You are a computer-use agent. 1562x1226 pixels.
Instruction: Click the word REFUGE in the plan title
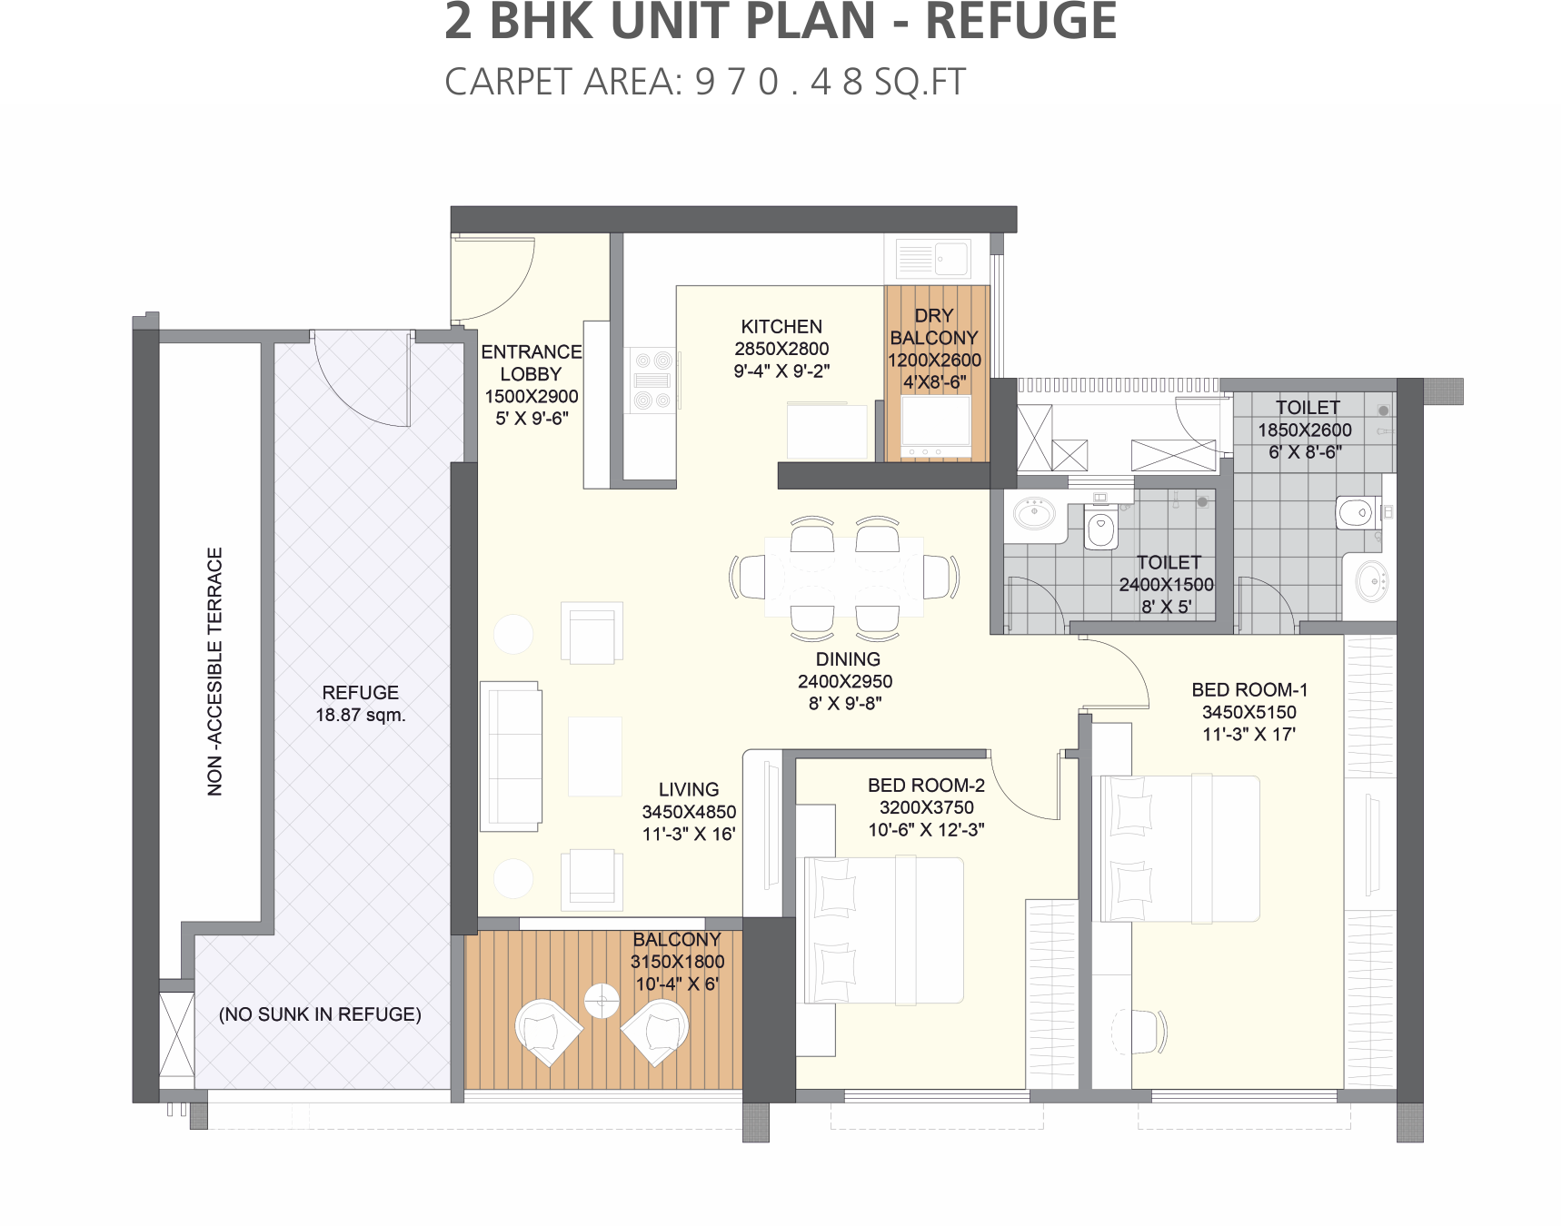coord(1020,21)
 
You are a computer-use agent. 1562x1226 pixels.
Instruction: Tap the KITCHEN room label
coord(781,326)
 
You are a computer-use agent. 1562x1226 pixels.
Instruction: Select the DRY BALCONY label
coord(934,327)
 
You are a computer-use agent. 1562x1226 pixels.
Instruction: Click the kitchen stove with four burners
coord(652,381)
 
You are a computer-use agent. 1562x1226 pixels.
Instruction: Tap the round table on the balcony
coord(602,1001)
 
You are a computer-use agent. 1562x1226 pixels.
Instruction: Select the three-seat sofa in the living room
coord(511,756)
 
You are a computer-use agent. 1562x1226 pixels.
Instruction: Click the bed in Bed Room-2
coord(880,930)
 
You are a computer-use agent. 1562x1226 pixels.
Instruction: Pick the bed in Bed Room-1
coord(1177,848)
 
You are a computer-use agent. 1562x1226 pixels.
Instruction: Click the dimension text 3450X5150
coord(1249,712)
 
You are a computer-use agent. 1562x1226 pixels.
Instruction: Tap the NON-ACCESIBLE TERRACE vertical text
coord(215,672)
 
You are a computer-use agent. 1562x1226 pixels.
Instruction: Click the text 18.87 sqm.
coord(361,715)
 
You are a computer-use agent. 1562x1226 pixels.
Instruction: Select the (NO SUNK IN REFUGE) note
coord(320,1014)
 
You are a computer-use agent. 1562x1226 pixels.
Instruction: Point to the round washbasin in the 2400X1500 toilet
coord(1034,513)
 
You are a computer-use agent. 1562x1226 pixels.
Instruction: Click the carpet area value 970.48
coord(778,82)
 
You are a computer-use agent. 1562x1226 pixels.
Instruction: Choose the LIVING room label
coord(689,790)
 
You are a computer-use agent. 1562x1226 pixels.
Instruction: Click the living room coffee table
coord(595,756)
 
